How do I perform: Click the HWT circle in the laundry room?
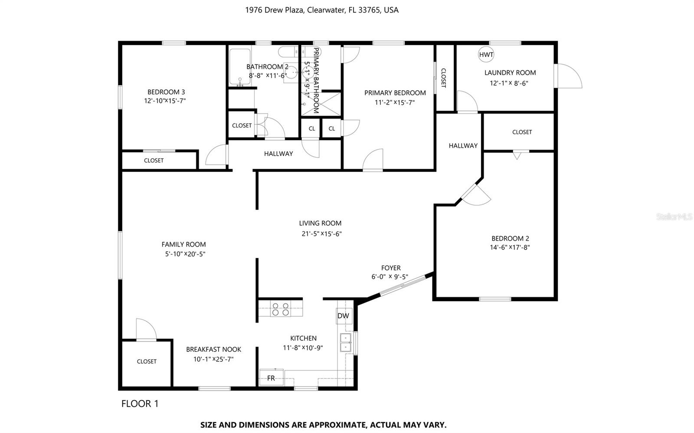486,55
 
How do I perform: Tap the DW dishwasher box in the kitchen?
343,316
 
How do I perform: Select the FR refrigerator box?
271,378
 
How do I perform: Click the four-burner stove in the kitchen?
280,309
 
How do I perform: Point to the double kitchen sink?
346,342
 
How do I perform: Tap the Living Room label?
320,223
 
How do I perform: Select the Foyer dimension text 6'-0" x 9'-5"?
390,277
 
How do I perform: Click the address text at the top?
322,10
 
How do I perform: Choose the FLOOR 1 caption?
140,404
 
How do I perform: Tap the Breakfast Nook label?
213,349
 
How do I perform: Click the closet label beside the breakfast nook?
147,361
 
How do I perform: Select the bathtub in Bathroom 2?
239,67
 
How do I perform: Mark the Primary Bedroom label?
395,92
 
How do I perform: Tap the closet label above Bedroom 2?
522,132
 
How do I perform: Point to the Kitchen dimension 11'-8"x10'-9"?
303,348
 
